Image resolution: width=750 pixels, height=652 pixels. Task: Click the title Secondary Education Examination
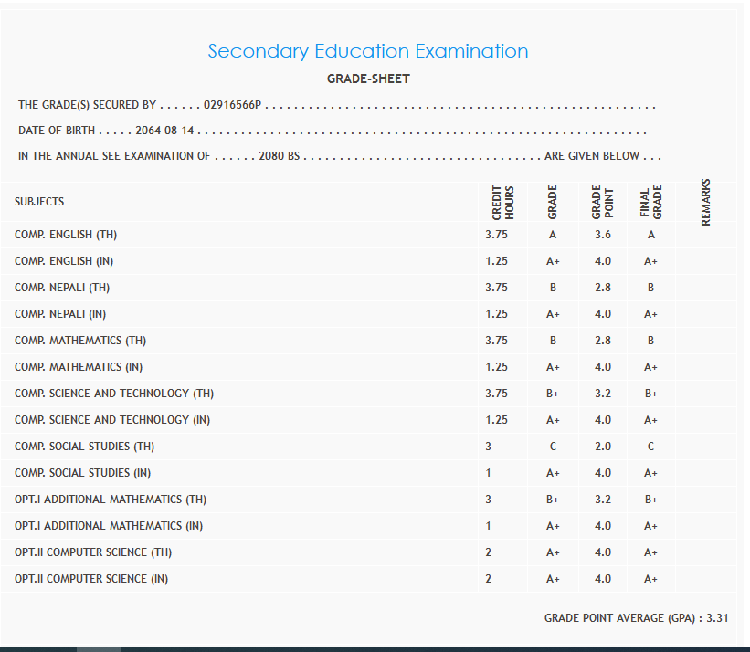368,51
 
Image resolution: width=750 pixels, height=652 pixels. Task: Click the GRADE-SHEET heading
368,79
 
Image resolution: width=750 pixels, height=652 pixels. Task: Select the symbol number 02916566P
233,105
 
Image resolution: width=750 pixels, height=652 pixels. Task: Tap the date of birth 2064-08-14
165,131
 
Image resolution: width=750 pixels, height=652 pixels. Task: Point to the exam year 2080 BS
279,156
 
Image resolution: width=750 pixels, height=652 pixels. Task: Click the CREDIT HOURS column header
503,202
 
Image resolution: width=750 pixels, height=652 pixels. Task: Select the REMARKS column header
705,202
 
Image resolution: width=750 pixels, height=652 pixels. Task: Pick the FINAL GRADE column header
650,202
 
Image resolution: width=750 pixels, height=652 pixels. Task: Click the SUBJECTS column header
39,202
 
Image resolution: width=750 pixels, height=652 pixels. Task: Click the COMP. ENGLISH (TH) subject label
66,235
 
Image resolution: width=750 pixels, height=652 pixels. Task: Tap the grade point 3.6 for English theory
602,235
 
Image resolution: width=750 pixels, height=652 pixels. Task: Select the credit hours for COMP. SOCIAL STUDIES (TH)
489,447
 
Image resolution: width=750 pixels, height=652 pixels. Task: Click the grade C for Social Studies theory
553,447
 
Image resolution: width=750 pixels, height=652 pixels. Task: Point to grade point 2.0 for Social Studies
602,447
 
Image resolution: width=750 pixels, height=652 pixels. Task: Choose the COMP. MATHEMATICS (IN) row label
80,367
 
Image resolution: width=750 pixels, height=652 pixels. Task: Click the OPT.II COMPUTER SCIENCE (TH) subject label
93,552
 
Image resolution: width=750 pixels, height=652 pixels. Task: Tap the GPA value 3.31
717,618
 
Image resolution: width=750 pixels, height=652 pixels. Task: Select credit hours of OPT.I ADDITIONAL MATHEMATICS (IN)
489,526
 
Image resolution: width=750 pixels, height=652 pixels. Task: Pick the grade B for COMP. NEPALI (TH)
553,288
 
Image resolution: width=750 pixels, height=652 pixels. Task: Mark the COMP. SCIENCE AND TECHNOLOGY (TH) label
114,394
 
